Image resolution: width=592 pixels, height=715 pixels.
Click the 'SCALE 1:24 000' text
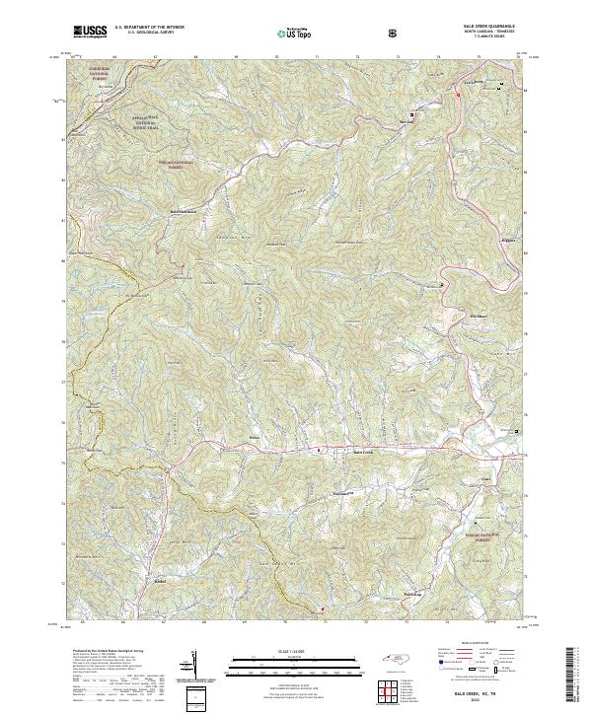289,648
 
